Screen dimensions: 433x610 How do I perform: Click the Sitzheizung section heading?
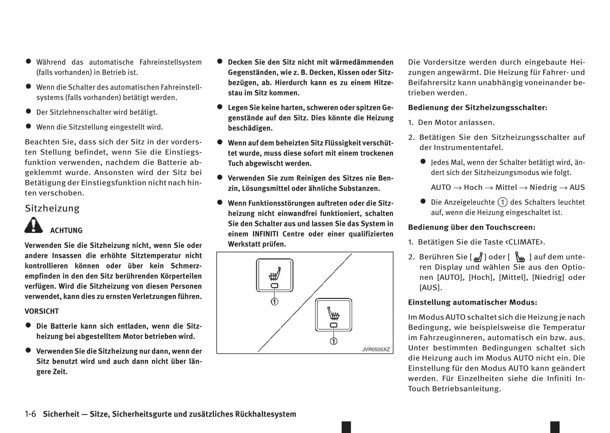[x=52, y=208]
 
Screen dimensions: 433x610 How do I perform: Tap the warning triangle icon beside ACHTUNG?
[x=33, y=225]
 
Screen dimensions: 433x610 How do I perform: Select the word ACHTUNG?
[x=66, y=230]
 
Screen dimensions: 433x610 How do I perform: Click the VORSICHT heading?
[x=42, y=311]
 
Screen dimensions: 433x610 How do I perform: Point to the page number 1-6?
[x=30, y=414]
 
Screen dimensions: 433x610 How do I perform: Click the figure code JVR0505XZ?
[x=376, y=349]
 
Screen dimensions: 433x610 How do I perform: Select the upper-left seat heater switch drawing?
[x=274, y=275]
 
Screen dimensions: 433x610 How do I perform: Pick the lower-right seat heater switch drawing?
[x=333, y=315]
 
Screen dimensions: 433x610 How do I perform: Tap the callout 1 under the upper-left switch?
[x=274, y=301]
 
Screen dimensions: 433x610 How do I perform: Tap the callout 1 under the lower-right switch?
[x=333, y=341]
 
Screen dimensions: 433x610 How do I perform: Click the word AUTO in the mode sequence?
[x=441, y=187]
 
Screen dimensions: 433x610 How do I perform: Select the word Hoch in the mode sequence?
[x=473, y=187]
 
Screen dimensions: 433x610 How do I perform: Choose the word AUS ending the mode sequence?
[x=577, y=187]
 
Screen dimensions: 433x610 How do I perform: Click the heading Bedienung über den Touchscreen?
[x=472, y=227]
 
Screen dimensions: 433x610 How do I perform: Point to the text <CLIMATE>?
[x=525, y=242]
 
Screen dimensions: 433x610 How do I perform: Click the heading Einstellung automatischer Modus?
[x=472, y=303]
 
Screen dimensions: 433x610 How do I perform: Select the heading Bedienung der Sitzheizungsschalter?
[x=477, y=108]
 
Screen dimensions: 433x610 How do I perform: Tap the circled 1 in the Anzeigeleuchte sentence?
[x=502, y=202]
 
